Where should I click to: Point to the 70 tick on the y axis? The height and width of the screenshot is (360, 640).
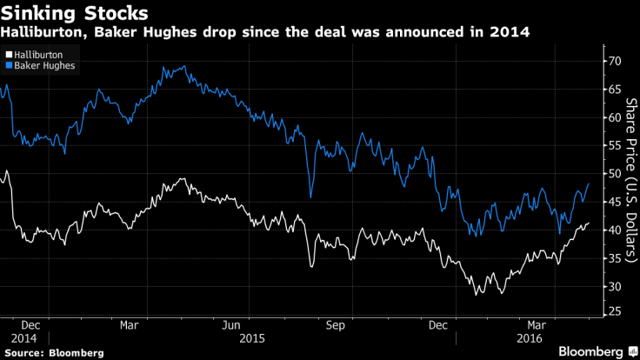614,61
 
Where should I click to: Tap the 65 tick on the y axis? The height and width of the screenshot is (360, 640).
614,89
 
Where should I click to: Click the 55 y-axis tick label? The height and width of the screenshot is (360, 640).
614,145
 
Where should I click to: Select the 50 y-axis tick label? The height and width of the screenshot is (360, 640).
614,174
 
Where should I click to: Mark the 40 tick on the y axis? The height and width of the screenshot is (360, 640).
614,230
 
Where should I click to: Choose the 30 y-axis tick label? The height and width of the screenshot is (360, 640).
614,287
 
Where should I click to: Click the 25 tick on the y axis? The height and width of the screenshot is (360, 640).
614,315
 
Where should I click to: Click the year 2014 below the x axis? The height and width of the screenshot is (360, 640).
24,337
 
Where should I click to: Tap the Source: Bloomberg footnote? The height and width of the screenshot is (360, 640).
51,352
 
